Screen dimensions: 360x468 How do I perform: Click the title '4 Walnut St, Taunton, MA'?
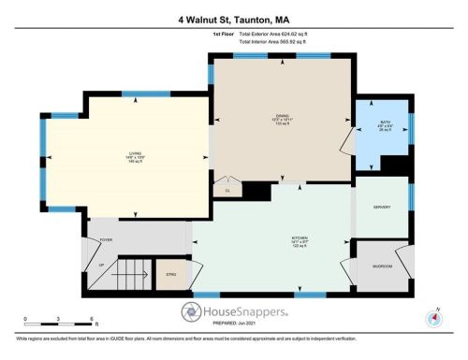[x=234, y=19]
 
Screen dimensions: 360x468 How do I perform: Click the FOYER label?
[x=106, y=240]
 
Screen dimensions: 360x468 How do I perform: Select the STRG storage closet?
[x=170, y=274]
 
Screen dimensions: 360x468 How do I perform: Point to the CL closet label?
[x=227, y=191]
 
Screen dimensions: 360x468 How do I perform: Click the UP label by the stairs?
[x=100, y=265]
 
